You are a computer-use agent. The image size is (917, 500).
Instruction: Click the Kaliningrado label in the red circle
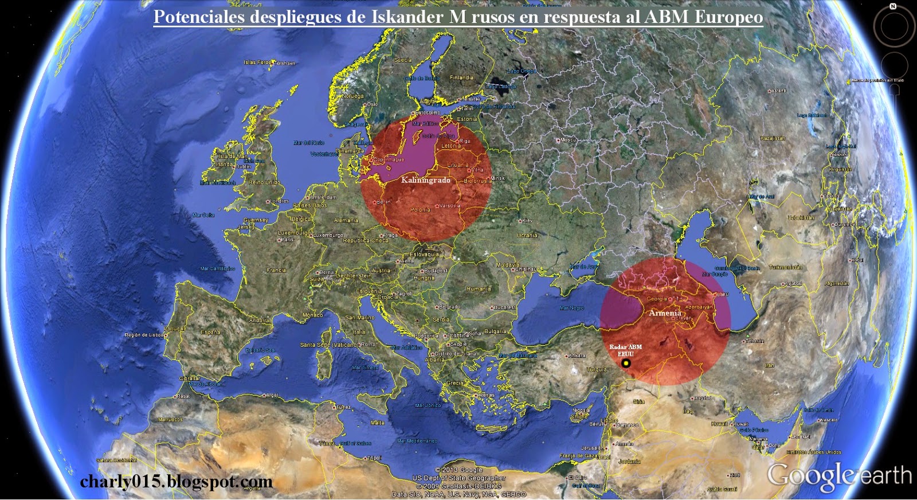[x=425, y=180]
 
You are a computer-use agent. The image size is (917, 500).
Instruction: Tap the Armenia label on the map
[x=665, y=313]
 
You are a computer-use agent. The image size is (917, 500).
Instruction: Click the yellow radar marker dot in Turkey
[x=626, y=364]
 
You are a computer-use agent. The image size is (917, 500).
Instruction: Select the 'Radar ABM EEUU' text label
[x=625, y=350]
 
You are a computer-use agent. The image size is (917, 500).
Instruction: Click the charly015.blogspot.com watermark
[x=176, y=482]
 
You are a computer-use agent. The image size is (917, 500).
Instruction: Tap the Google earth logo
[x=839, y=476]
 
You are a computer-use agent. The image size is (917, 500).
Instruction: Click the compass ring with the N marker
[x=894, y=26]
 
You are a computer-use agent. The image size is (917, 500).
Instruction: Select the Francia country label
[x=276, y=270]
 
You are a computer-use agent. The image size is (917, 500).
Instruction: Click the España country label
[x=210, y=332]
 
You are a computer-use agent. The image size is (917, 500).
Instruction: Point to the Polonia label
[x=420, y=210]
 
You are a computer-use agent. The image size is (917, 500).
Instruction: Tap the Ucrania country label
[x=527, y=235]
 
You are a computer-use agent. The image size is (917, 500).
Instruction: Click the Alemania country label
[x=346, y=220]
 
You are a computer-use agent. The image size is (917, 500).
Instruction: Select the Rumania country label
[x=479, y=289]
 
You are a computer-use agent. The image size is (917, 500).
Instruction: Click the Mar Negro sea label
[x=571, y=308]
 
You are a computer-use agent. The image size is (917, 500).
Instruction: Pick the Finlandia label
[x=461, y=77]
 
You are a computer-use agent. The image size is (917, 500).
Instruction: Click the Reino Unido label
[x=264, y=182]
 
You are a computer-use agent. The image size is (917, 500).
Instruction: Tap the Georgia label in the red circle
[x=657, y=299]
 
